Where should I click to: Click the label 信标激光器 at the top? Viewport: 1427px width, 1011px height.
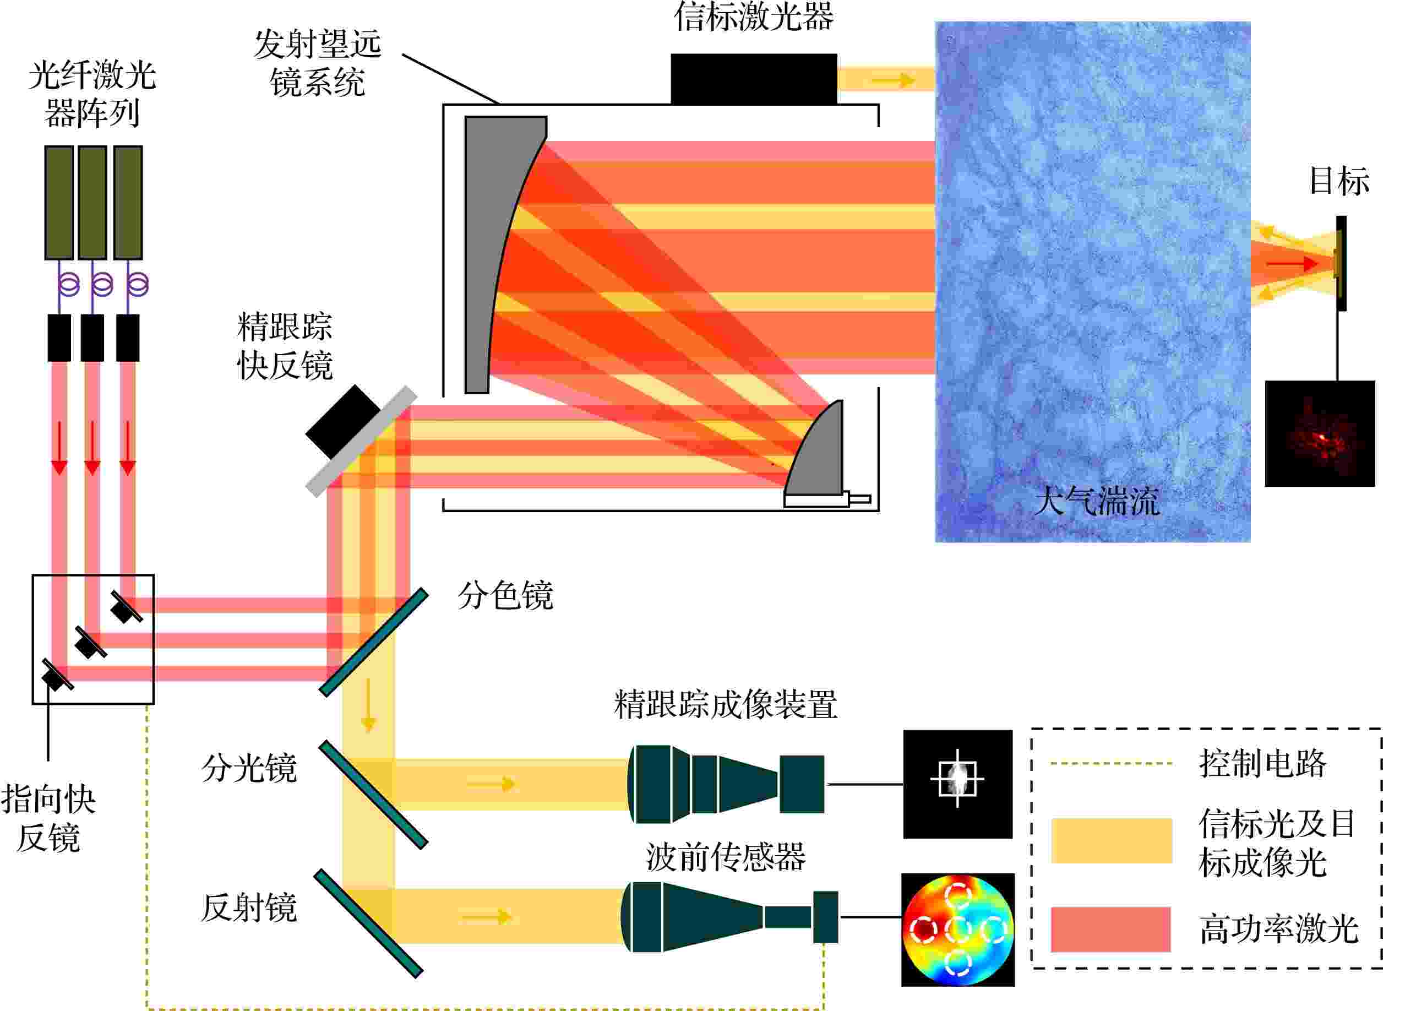[754, 17]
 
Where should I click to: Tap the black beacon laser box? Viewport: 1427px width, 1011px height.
[754, 79]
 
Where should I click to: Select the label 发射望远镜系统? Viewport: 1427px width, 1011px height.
[318, 63]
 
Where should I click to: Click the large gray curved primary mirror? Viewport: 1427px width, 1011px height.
[492, 249]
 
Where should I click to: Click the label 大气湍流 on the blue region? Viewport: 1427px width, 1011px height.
[1097, 501]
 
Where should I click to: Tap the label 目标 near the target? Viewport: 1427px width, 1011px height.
[1339, 181]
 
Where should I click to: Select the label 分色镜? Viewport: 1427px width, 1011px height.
[505, 596]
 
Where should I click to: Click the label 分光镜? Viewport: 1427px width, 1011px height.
[249, 768]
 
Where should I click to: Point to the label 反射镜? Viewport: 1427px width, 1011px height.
[249, 907]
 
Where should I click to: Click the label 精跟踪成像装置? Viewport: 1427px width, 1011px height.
[726, 705]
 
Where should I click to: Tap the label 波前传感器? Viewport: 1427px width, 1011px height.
[726, 857]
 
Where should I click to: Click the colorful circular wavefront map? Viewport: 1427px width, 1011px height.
[958, 930]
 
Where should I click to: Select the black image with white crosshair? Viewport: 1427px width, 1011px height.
[958, 784]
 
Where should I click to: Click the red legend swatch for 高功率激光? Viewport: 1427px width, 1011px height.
[1111, 930]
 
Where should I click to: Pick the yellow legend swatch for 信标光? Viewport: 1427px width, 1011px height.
[1112, 841]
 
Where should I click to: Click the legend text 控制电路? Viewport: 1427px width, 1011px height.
[1263, 763]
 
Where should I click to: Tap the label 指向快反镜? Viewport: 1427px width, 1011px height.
[48, 818]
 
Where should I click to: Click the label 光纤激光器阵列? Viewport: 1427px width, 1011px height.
[92, 94]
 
